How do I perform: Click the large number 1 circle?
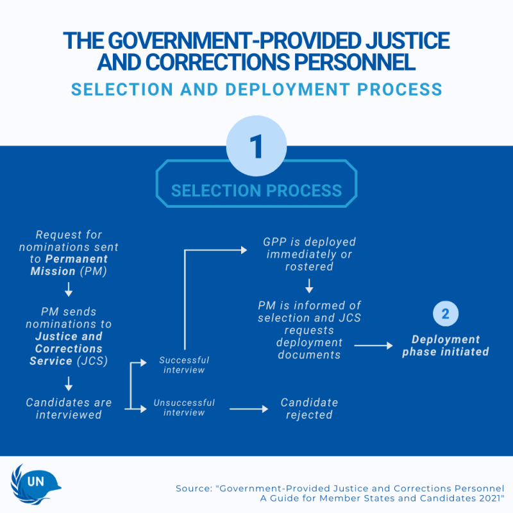[256, 146]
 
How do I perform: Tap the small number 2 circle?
[446, 314]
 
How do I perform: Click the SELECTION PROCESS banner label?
[256, 190]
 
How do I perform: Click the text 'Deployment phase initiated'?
[446, 346]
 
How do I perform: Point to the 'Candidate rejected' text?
[309, 408]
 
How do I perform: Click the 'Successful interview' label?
[184, 365]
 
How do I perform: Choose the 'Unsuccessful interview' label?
[184, 408]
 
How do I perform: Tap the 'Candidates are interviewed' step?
[69, 408]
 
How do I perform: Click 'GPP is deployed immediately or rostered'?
[309, 254]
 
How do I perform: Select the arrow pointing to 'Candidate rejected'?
[249, 408]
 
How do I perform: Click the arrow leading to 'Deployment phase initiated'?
[374, 346]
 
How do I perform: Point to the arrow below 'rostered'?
[309, 285]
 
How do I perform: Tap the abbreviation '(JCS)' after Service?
[94, 361]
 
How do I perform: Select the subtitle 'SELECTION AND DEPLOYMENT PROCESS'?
[256, 88]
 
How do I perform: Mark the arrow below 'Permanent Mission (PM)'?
[69, 290]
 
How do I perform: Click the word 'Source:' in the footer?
[195, 489]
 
